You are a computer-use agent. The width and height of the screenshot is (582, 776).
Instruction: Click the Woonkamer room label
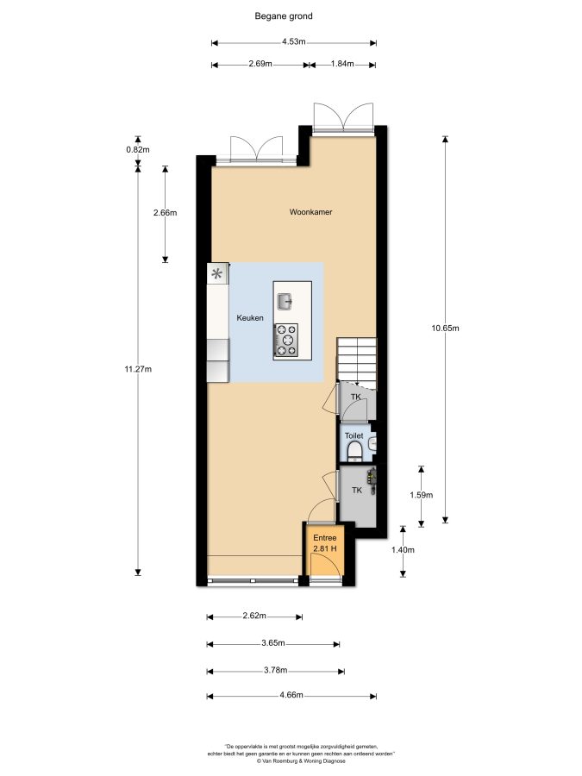click(x=310, y=212)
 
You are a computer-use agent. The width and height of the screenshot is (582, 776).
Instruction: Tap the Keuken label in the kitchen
click(x=250, y=317)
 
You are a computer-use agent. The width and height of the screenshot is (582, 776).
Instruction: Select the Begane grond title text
click(x=284, y=16)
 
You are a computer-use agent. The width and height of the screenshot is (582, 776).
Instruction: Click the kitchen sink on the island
click(x=285, y=301)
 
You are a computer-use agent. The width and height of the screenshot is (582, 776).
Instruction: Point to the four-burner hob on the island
click(x=286, y=340)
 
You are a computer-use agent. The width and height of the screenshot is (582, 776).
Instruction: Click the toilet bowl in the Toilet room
click(x=354, y=451)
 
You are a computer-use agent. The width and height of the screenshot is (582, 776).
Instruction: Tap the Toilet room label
click(x=354, y=435)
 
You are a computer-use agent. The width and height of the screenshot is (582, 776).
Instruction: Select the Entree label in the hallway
click(x=325, y=538)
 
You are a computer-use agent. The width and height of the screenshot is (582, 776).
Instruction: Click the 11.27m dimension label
click(x=138, y=369)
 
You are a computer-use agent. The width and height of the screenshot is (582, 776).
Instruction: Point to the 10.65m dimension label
click(x=446, y=328)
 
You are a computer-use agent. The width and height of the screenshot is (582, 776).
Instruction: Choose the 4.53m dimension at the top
click(x=294, y=41)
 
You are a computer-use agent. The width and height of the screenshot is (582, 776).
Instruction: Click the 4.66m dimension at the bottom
click(x=291, y=695)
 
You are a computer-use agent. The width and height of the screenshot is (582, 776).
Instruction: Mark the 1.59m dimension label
click(x=422, y=495)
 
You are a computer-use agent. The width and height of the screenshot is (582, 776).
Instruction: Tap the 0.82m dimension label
click(x=138, y=149)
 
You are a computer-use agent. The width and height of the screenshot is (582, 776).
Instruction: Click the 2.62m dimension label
click(x=254, y=616)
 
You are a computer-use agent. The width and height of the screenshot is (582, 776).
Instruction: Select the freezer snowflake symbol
click(x=217, y=273)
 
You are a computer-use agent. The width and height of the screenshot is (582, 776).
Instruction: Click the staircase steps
click(x=357, y=360)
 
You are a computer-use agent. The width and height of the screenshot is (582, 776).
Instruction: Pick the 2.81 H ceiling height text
click(x=325, y=548)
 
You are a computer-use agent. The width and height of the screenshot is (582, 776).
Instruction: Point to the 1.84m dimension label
click(x=342, y=63)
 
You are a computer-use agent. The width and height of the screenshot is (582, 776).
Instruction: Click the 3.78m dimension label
click(x=276, y=670)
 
